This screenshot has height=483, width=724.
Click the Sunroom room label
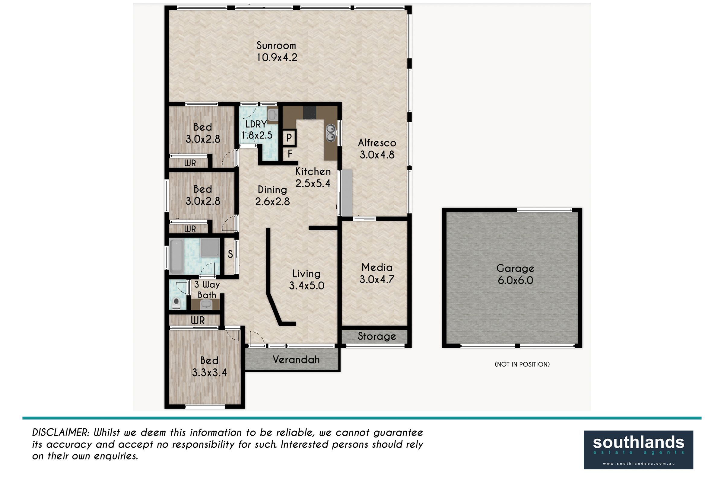tap(276, 46)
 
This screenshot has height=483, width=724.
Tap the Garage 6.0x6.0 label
tap(515, 274)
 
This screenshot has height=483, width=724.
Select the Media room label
tap(377, 267)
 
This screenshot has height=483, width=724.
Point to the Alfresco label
tap(377, 143)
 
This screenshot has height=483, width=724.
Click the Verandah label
tap(296, 360)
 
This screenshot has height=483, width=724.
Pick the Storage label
tap(377, 336)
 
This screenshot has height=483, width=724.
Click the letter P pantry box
tap(289, 138)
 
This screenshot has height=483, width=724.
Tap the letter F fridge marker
tap(290, 154)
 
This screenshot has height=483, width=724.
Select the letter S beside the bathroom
tap(230, 254)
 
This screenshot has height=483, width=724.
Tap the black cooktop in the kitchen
tap(310, 113)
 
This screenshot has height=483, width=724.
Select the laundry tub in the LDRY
tap(272, 115)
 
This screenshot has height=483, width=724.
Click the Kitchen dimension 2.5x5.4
tap(313, 184)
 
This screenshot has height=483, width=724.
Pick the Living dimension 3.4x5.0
tap(306, 286)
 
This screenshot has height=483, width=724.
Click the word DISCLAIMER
tap(61, 433)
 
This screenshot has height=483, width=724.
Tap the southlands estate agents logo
tap(638, 450)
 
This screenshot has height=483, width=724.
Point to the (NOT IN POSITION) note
tap(522, 364)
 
